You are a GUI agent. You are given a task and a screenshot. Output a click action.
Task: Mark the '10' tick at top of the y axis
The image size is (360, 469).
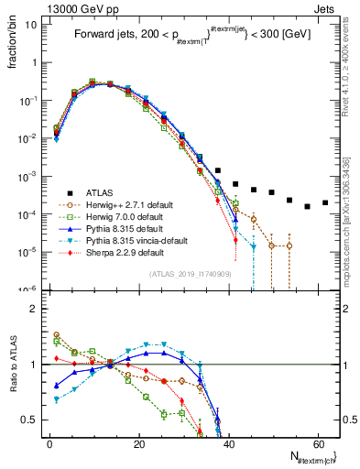(x=32, y=25)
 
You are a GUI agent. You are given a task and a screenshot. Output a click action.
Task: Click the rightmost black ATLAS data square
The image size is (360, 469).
(x=325, y=202)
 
